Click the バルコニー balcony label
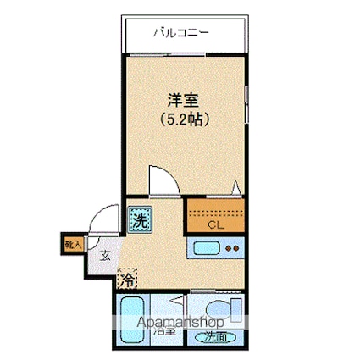point(180,34)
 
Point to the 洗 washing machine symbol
point(138,223)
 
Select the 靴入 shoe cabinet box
point(73,245)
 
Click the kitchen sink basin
point(208,249)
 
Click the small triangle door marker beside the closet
point(237,190)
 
